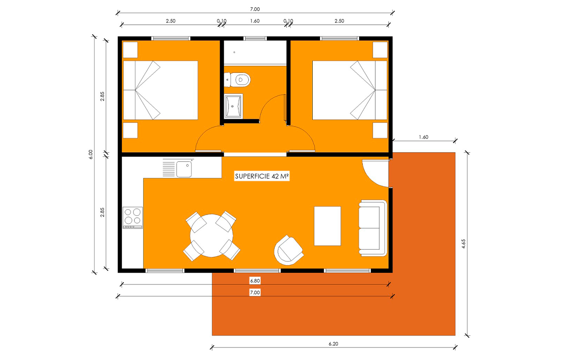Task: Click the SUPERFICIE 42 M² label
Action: click(262, 176)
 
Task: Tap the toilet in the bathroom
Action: click(237, 80)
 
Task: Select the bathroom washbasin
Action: click(234, 106)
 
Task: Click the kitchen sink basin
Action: click(184, 169)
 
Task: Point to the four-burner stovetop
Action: click(133, 218)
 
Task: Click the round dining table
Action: click(211, 236)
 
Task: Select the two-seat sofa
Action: click(373, 228)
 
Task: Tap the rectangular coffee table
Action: click(327, 226)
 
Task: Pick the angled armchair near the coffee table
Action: click(288, 250)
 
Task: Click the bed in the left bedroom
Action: click(160, 90)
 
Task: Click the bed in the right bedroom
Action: click(350, 90)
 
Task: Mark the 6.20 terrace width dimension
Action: click(333, 344)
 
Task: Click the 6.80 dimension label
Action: click(255, 281)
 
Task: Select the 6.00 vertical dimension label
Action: click(90, 154)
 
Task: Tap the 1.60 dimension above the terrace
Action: click(423, 137)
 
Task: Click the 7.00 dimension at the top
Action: click(255, 9)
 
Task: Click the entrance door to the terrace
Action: click(375, 173)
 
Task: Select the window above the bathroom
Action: click(255, 38)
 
